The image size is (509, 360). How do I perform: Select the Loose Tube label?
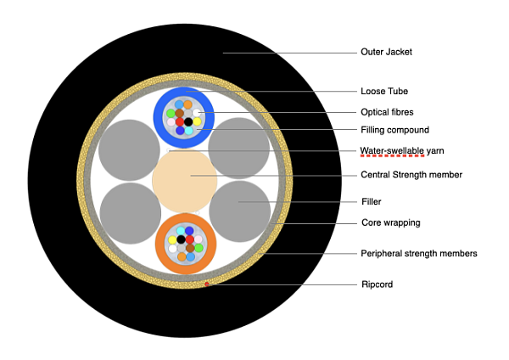(380, 91)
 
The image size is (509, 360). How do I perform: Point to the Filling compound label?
(394, 131)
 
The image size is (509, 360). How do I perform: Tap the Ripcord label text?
(376, 284)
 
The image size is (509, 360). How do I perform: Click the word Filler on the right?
(372, 202)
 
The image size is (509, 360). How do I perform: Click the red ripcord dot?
(206, 284)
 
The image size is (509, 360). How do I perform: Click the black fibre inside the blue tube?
(188, 122)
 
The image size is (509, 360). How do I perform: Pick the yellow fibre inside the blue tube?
(197, 121)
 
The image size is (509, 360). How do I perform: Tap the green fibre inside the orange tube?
(198, 247)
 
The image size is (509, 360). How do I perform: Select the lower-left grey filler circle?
(130, 213)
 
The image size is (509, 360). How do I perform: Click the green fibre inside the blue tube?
(171, 113)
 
